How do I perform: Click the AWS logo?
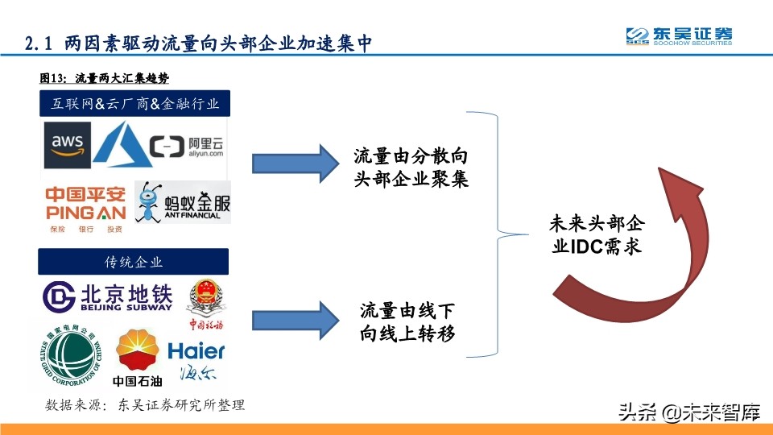[x=68, y=147]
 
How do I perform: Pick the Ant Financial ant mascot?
[x=149, y=203]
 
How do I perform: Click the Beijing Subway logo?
[x=108, y=296]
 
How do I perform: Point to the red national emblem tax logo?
[x=206, y=302]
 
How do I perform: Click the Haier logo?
[x=196, y=359]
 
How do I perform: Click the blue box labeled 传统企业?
[x=134, y=262]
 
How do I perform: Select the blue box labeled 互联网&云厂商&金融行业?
[x=134, y=105]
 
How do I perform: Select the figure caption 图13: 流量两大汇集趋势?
[x=104, y=78]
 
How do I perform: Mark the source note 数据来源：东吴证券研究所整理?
[x=145, y=405]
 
